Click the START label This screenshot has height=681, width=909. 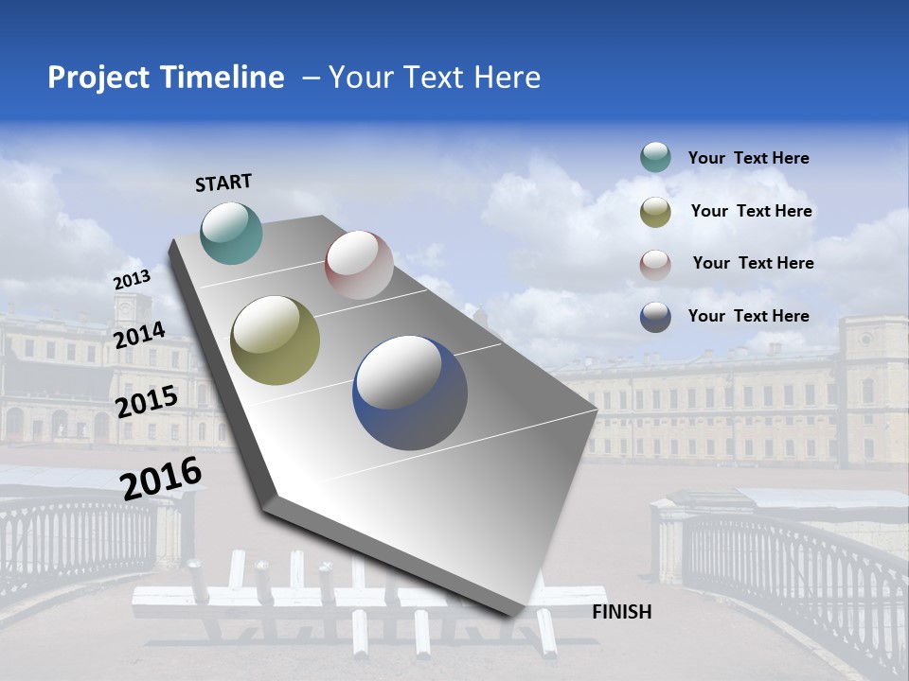[x=223, y=183]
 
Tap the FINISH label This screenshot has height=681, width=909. [x=621, y=612]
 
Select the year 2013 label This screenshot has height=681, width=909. [x=132, y=280]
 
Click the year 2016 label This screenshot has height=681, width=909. [x=161, y=479]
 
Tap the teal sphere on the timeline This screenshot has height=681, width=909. [x=231, y=233]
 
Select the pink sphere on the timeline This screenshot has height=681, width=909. [x=359, y=265]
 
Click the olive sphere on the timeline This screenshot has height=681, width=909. [x=276, y=340]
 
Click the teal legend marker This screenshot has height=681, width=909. [x=655, y=158]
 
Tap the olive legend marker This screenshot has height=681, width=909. [x=655, y=212]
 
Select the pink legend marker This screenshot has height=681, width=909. [x=655, y=264]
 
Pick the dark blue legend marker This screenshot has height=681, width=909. [x=655, y=317]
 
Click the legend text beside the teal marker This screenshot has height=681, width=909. [x=748, y=159]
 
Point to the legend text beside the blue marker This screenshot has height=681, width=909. [x=748, y=316]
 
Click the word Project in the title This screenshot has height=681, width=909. [x=98, y=78]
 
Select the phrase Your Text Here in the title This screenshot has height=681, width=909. [x=435, y=78]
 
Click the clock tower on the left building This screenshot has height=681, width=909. [x=132, y=307]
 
